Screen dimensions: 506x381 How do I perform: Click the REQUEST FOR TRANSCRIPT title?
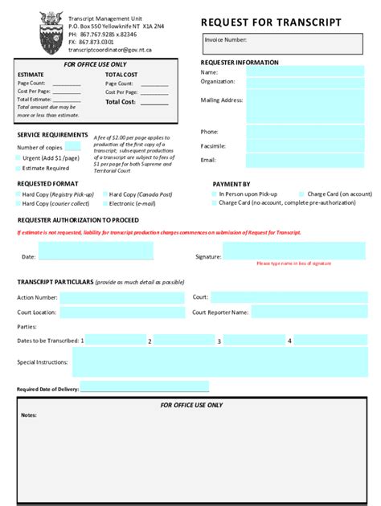click(x=270, y=22)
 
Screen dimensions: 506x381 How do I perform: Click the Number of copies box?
click(x=72, y=147)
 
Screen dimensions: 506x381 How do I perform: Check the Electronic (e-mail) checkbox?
click(x=104, y=204)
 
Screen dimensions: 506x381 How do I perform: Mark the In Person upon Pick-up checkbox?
click(x=214, y=194)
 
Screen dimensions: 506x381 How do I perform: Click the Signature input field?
click(x=293, y=251)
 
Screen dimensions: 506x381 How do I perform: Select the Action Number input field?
click(x=121, y=297)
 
